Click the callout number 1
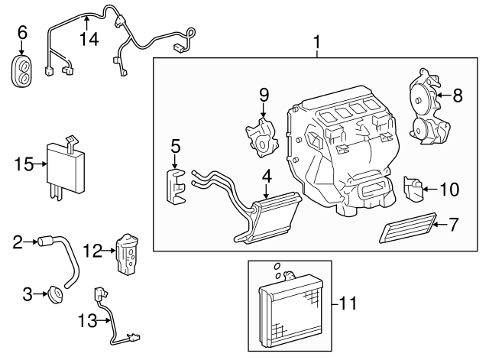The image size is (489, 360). [x=317, y=43]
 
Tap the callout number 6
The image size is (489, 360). [x=22, y=32]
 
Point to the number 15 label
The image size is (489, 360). [x=24, y=164]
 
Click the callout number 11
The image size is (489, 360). [x=348, y=303]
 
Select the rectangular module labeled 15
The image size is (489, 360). [x=66, y=165]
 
